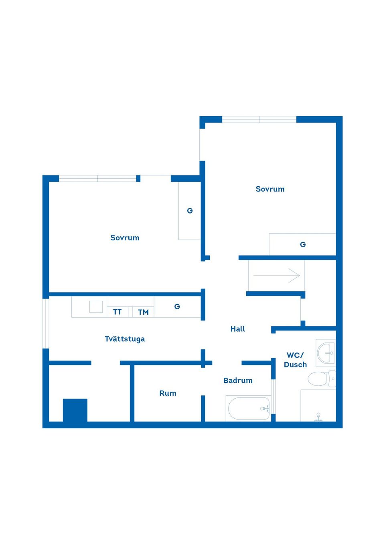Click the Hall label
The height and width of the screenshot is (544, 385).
[x=237, y=329]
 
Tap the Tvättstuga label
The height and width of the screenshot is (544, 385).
[x=125, y=339]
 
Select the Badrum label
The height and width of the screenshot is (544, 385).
[x=238, y=380]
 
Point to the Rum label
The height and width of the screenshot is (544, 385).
[x=168, y=393]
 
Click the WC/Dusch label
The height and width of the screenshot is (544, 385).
[x=295, y=360]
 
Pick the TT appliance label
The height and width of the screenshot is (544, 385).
[x=117, y=312]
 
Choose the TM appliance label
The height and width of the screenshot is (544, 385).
[x=143, y=312]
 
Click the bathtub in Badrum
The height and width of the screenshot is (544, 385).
[x=249, y=409]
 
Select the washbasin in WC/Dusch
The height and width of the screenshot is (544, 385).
[x=326, y=353]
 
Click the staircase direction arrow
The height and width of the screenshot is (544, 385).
[x=276, y=276]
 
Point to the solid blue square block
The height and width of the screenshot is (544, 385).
[x=75, y=410]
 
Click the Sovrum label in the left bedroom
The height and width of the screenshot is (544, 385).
[x=125, y=238]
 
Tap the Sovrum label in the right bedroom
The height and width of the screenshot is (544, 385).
[x=270, y=189]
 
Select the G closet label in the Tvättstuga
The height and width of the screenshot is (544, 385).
[x=177, y=307]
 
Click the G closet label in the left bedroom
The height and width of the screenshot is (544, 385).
[x=190, y=211]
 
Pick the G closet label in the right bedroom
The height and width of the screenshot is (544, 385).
[x=303, y=244]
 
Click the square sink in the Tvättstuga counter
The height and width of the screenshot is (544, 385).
[x=96, y=307]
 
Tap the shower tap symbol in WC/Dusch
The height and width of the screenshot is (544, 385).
[x=318, y=417]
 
